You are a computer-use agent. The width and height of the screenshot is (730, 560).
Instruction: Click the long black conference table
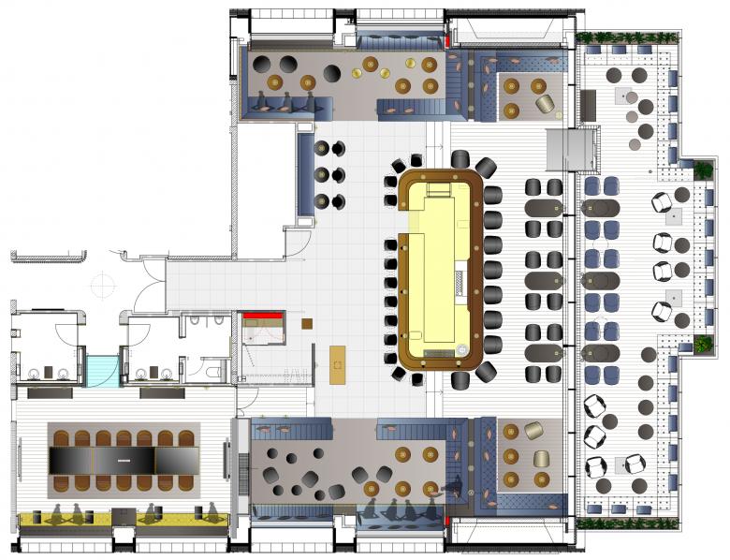(x=124, y=460)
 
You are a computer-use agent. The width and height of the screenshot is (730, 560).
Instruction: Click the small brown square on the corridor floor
(x=306, y=324)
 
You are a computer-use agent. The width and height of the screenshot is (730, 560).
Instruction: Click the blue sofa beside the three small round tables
(x=305, y=174)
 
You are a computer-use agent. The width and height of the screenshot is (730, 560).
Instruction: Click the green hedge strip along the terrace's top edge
(x=627, y=37)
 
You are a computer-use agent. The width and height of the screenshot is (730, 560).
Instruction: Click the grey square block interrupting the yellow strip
(x=123, y=517)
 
